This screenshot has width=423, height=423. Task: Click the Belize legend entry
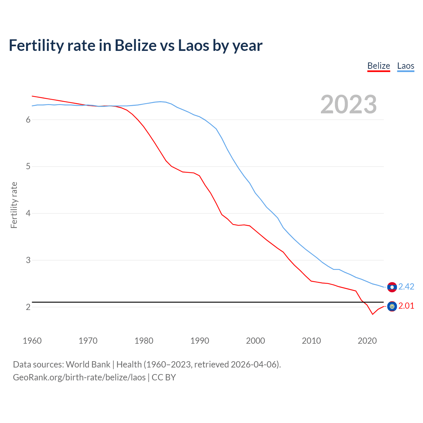[x=379, y=66]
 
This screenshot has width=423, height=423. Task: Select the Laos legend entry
[x=405, y=66]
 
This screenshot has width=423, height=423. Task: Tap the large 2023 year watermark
[x=349, y=104]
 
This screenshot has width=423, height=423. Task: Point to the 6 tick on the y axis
[x=28, y=120]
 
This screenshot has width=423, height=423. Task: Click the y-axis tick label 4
[x=28, y=213]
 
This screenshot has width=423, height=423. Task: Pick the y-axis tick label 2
[x=28, y=307]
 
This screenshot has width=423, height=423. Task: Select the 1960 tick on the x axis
[x=32, y=341]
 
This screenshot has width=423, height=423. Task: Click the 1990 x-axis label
[x=200, y=341]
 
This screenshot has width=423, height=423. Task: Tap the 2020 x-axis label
[x=367, y=341]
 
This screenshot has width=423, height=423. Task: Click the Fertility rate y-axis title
[x=14, y=205]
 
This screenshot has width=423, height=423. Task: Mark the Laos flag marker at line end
[x=392, y=287]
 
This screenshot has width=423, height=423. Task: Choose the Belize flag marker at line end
[x=392, y=306]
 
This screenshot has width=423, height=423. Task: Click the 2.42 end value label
[x=406, y=287]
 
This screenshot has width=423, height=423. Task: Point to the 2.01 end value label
[x=406, y=306]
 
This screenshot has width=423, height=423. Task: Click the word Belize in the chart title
[x=135, y=45]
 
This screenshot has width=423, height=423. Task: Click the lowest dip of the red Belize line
[x=372, y=314]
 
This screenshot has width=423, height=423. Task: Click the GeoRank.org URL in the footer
[x=79, y=377]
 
